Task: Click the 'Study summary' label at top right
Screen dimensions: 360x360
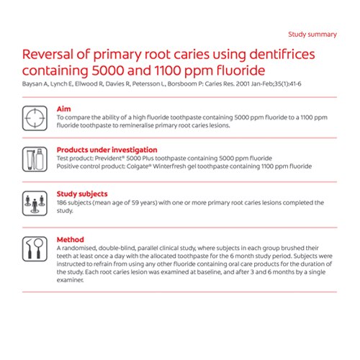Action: (x=312, y=34)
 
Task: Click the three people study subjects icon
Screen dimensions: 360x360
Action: (x=35, y=202)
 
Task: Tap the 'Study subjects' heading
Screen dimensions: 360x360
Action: (x=82, y=194)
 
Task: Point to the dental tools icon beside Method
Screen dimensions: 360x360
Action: (x=35, y=249)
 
